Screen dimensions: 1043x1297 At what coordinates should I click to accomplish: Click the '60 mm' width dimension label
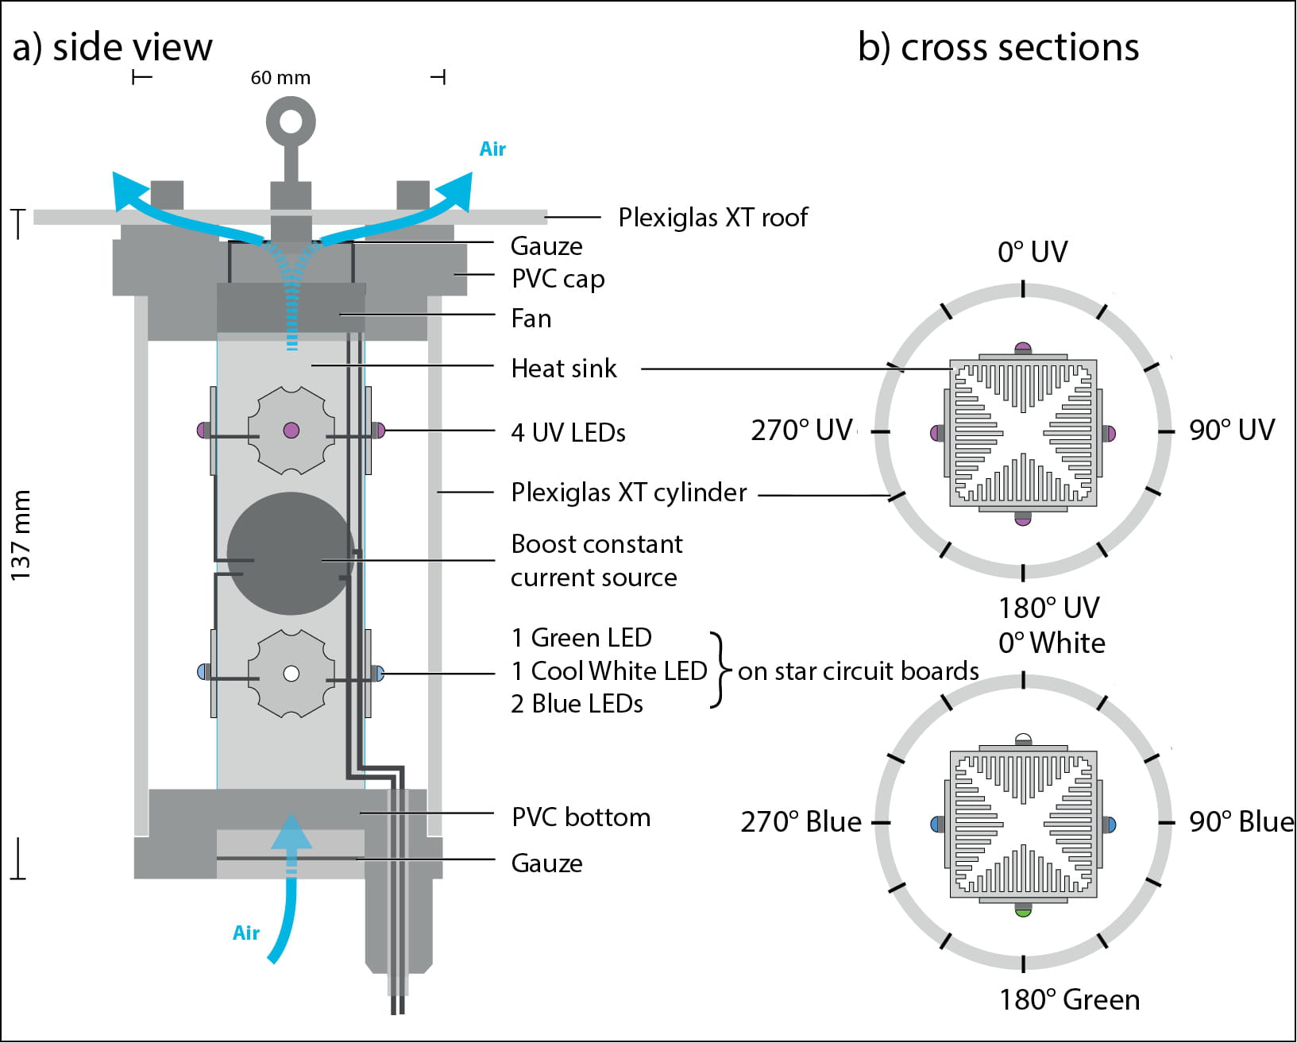coord(280,78)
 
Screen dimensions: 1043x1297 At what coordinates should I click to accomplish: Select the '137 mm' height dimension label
coord(21,535)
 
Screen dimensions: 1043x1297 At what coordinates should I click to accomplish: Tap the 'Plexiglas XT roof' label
coord(712,217)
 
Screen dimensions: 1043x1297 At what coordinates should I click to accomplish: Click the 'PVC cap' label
coord(558,279)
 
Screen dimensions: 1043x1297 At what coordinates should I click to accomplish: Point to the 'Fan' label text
coord(531,319)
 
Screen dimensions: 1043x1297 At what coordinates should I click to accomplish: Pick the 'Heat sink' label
coord(563,369)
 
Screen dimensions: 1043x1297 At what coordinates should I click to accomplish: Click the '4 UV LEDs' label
coord(568,433)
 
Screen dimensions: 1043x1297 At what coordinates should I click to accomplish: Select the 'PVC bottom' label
coord(581,817)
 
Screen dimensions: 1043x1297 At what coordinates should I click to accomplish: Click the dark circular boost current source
coord(290,554)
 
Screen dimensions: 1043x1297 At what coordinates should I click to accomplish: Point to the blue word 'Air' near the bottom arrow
coord(246,933)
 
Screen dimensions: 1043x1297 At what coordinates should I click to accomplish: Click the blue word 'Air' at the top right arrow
coord(492,149)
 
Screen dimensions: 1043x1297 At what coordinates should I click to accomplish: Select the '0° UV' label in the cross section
coord(1033,253)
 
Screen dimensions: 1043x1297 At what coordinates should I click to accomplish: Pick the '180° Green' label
coord(1069,1000)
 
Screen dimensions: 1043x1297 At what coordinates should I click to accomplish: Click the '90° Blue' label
coord(1241,822)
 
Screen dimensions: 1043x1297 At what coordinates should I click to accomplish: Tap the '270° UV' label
coord(801,431)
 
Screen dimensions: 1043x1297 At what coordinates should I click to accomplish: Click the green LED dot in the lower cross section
coord(1023,912)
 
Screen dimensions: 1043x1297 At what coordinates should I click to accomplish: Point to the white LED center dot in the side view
coord(291,674)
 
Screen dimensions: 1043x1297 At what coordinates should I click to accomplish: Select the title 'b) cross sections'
coord(998,48)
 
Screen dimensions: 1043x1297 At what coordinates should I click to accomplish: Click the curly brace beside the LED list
coord(720,670)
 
